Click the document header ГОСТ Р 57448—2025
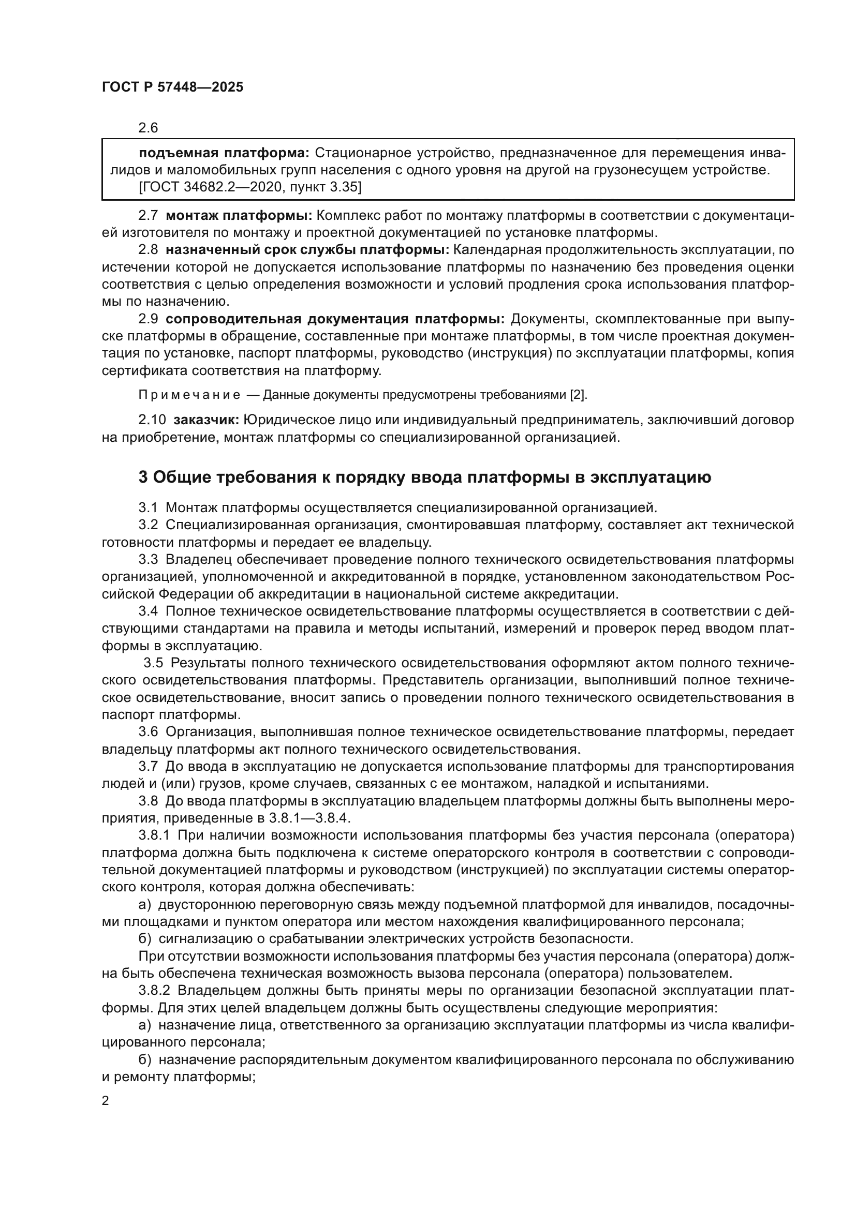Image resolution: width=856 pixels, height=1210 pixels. point(172,87)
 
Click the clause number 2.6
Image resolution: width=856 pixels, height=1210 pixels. point(148,128)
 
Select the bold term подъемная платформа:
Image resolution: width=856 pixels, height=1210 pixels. point(224,153)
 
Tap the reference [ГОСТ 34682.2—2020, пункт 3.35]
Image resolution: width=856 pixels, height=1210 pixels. point(250,187)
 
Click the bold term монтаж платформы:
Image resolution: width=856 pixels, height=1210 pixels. point(239,216)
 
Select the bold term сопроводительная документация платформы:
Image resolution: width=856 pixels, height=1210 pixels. point(335,319)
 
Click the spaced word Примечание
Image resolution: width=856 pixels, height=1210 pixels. point(189,395)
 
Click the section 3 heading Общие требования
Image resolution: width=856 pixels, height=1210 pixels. point(424,477)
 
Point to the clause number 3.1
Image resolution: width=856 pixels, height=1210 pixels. point(148,508)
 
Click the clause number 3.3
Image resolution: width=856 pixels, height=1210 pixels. point(148,559)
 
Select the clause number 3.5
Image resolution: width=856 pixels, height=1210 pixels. point(153,663)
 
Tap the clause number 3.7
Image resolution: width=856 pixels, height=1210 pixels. point(148,766)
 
